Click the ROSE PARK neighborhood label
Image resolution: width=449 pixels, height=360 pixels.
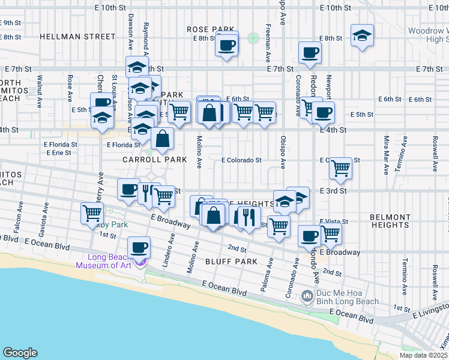[x=209, y=29]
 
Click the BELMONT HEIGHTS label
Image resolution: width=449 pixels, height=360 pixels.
[x=390, y=220]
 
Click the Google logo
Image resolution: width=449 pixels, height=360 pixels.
[x=20, y=352]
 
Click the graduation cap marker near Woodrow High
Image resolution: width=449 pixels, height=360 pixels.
[x=362, y=36]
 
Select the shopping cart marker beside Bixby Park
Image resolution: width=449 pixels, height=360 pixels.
[x=92, y=212]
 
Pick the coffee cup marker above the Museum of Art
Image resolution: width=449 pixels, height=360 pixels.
[x=139, y=247]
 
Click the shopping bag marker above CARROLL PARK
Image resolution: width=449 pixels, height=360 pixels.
[x=162, y=139]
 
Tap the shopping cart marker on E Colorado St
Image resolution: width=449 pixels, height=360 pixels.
[x=340, y=168]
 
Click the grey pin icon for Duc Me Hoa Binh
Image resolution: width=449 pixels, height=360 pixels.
[x=307, y=296]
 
